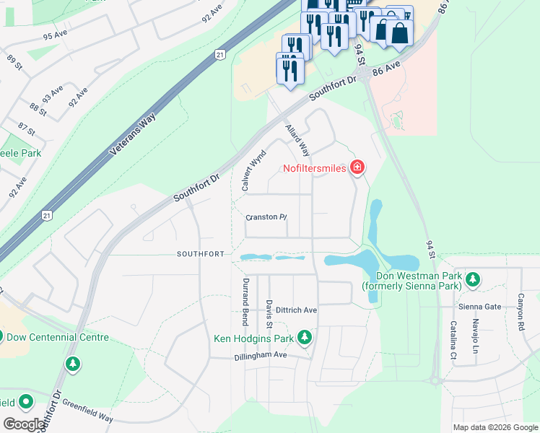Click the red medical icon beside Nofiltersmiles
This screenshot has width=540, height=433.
coord(356,168)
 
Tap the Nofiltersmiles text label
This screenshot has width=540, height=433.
coord(314,168)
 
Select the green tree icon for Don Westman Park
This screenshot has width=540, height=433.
coord(473,279)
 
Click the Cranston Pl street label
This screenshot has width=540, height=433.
coord(266,216)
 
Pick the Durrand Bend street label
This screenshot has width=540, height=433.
coord(245,299)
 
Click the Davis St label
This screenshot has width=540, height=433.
coord(269,310)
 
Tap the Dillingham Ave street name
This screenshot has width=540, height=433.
coord(261,356)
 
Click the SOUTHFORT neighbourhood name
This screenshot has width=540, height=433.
coord(201,254)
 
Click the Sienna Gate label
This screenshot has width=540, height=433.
coord(479,306)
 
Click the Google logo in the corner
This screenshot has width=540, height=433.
coord(24,424)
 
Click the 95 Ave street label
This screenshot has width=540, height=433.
coord(55,35)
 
